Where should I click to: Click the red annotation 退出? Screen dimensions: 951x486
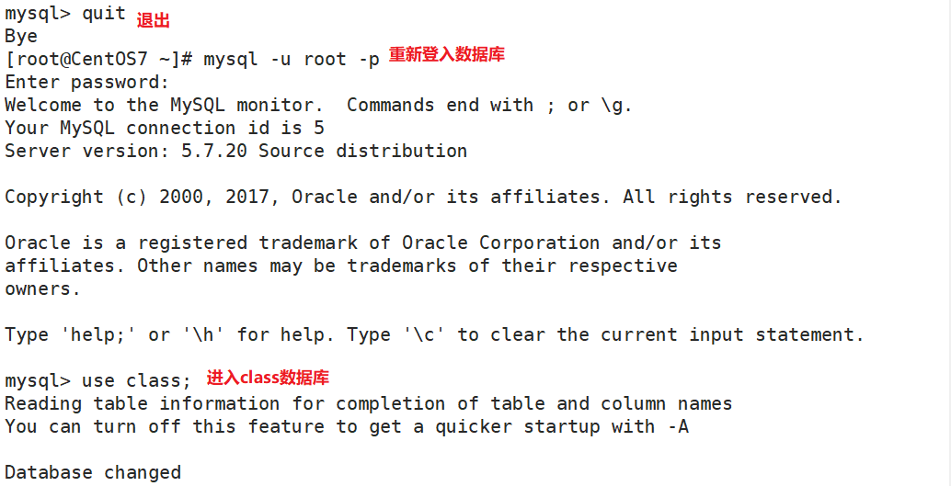point(154,20)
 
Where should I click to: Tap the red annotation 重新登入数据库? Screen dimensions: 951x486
point(446,55)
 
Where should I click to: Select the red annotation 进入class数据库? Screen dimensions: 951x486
point(267,378)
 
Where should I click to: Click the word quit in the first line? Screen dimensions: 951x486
point(104,14)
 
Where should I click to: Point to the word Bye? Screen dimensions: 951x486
point(21,37)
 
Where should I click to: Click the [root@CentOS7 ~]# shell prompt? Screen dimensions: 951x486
point(98,60)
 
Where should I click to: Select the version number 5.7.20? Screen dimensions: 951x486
point(214,151)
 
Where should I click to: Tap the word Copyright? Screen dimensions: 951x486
point(54,197)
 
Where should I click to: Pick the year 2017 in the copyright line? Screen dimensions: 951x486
point(258,197)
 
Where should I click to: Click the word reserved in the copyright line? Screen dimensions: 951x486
point(793,197)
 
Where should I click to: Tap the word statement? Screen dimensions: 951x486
point(809,334)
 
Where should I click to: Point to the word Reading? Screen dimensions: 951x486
point(43,403)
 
